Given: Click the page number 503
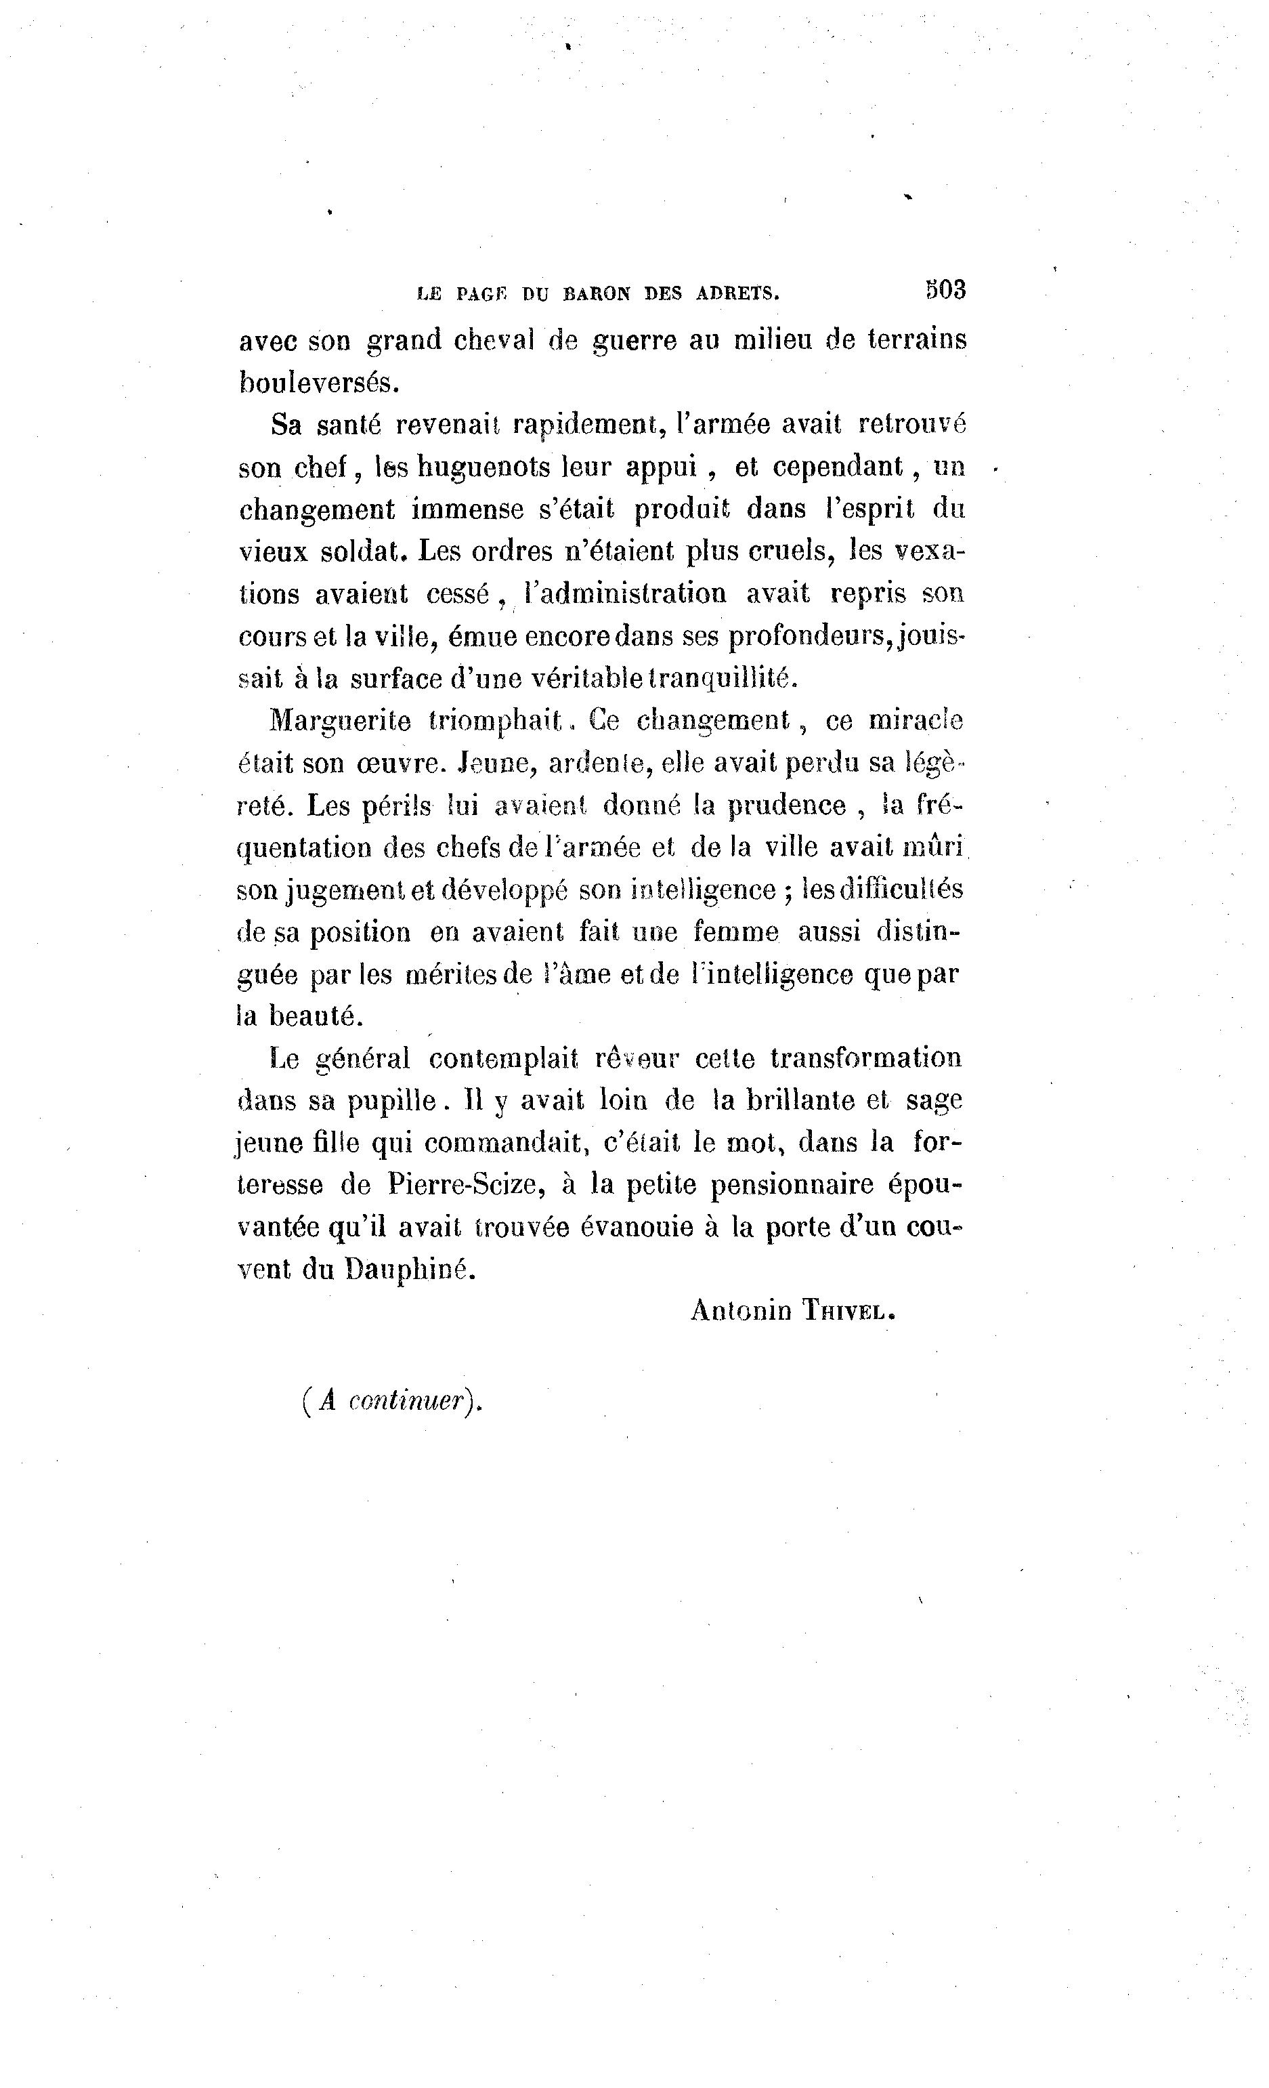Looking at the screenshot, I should click(x=945, y=290).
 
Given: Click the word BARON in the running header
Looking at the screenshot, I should click(x=597, y=294).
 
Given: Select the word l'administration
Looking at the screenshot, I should click(x=625, y=593).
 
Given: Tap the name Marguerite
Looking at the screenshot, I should click(x=341, y=721).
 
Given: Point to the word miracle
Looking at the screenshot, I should click(x=916, y=721).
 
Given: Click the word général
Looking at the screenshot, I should click(x=362, y=1058).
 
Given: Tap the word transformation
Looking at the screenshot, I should click(x=866, y=1058).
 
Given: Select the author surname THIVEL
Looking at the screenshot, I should click(x=847, y=1312).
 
